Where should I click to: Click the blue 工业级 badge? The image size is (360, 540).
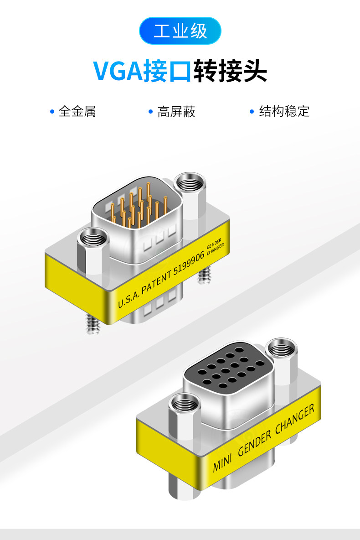click(180, 31)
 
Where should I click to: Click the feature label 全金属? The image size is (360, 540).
click(77, 111)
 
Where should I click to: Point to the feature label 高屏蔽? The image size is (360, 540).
click(176, 111)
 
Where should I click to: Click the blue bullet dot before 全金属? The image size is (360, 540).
click(52, 111)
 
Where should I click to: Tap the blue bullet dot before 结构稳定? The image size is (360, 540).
click(252, 111)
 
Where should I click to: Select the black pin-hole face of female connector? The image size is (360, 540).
click(226, 367)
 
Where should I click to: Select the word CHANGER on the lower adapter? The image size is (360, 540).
click(295, 419)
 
